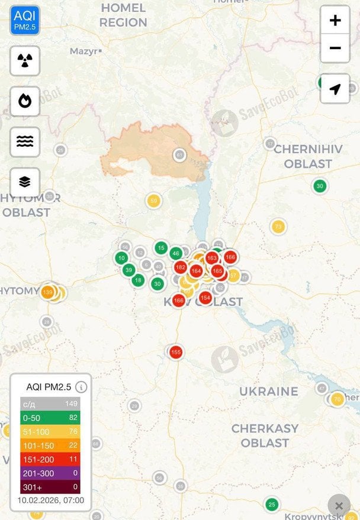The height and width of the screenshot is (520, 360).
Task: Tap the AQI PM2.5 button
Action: click(25, 20)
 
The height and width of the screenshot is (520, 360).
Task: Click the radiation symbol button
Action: click(25, 60)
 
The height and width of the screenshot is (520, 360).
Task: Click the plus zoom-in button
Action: click(335, 21)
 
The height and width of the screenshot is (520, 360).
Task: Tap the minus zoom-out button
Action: click(335, 49)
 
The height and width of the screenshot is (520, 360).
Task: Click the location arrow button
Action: click(335, 89)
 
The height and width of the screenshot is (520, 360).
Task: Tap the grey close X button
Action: click(339, 506)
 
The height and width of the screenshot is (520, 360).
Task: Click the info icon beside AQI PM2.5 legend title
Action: click(82, 387)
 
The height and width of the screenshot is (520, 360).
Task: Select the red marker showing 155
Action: click(176, 352)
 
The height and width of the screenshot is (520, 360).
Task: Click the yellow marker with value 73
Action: click(278, 227)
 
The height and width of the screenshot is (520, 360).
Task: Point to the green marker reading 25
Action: click(272, 504)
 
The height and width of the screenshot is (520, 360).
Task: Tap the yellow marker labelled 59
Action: click(153, 201)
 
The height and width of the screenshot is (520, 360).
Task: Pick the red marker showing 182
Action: click(181, 267)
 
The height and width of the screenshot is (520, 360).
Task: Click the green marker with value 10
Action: click(121, 258)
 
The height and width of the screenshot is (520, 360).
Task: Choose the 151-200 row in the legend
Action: click(50, 458)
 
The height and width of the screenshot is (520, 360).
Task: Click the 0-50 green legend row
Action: click(50, 418)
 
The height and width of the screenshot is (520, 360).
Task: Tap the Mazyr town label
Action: click(83, 51)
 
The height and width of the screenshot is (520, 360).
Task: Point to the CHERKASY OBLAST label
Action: click(265, 435)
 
